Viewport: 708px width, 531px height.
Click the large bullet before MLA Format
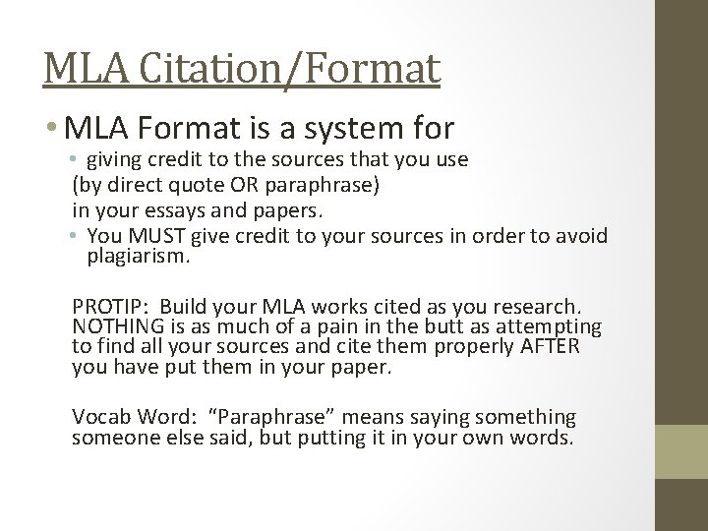click(50, 128)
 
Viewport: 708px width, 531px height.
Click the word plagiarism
click(142, 257)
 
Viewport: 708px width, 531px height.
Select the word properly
click(488, 347)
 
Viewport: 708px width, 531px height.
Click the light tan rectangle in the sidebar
click(683, 451)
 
